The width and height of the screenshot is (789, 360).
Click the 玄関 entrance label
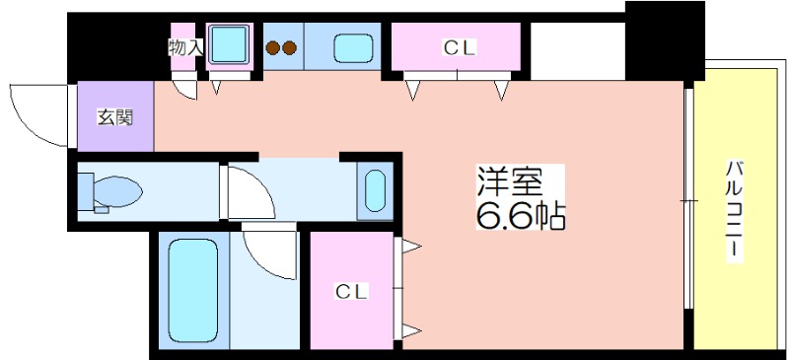pos(114,117)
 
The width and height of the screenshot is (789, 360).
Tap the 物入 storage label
pos(185,47)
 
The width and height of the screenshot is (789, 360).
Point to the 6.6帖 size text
pos(521,215)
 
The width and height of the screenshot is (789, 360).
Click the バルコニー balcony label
pos(734,210)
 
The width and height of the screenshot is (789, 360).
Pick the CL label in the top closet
pos(459,48)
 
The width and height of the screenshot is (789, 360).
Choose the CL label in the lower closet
pos(352,291)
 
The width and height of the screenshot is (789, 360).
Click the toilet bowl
pos(117,191)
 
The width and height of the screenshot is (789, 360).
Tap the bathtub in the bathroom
pos(193,291)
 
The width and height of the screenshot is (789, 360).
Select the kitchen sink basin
pos(354,47)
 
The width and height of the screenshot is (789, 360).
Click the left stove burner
pos(273,47)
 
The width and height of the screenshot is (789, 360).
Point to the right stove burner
pos(289,47)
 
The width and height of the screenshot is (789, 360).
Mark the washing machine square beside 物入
pos(229,45)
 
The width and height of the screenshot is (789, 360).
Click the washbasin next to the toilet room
pos(375,190)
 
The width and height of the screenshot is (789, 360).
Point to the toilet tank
pos(86,191)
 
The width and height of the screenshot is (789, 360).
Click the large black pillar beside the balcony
pos(665,40)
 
